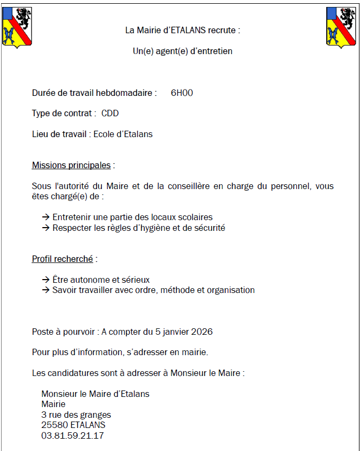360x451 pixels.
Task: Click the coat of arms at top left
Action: [x=17, y=27]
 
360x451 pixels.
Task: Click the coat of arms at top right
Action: [x=341, y=27]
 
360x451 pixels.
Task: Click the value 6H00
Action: [x=182, y=93]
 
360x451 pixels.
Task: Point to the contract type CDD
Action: [x=110, y=114]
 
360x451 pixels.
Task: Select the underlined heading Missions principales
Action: [x=71, y=166]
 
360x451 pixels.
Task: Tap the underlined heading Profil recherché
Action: [x=63, y=259]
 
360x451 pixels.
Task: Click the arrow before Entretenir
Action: [x=46, y=217]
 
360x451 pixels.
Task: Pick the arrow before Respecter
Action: [x=46, y=228]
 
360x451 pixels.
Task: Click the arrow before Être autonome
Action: [x=46, y=280]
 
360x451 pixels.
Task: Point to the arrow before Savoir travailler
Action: [x=46, y=290]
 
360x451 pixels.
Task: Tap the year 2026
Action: [x=201, y=332]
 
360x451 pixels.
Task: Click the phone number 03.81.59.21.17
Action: [x=72, y=435]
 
